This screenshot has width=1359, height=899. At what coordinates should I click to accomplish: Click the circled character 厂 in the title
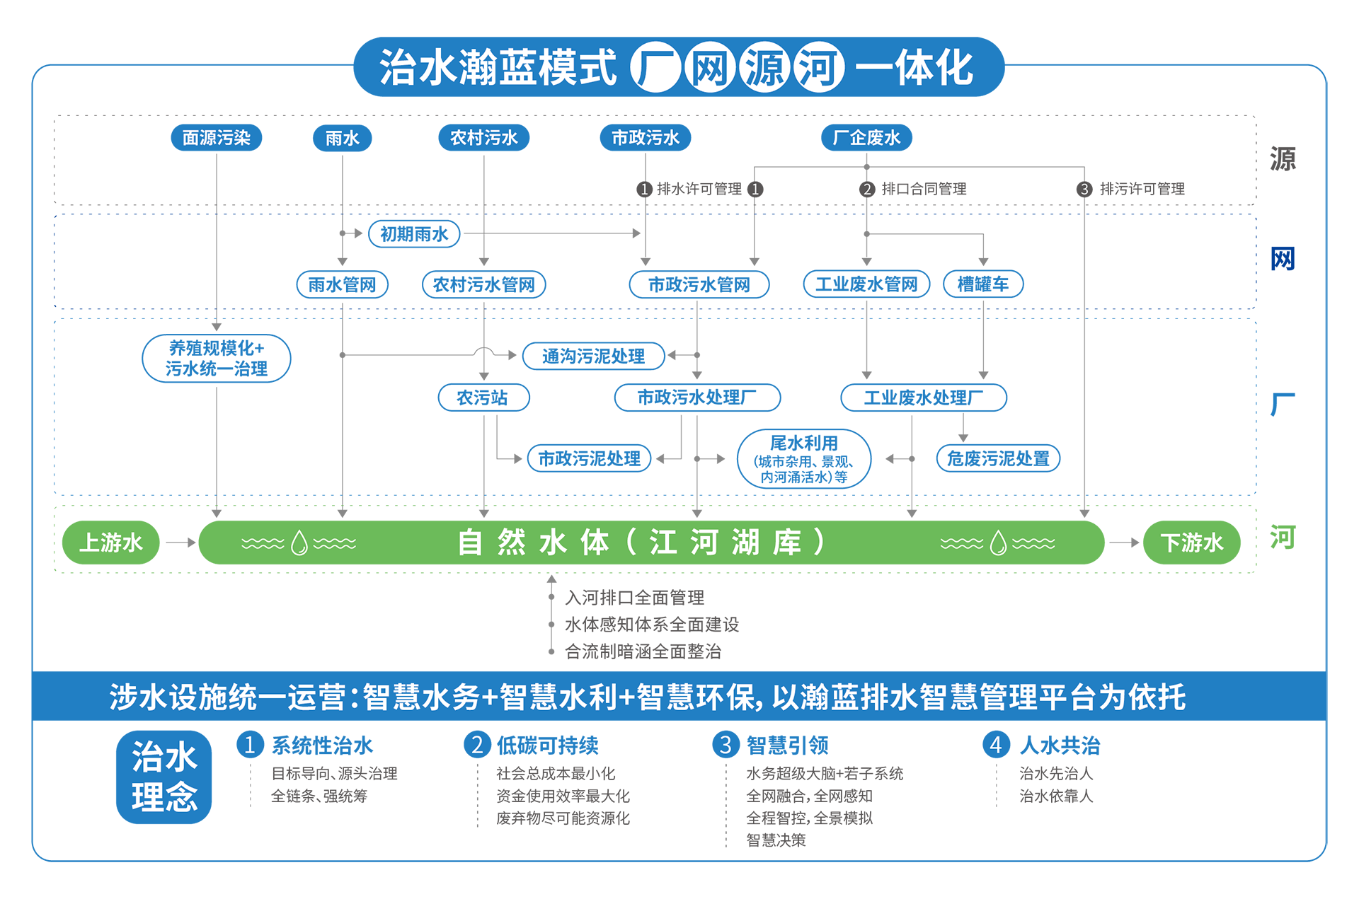pos(655,68)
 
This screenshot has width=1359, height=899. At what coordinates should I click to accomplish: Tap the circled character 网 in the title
pos(710,68)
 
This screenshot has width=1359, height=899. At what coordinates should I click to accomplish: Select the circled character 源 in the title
pos(764,68)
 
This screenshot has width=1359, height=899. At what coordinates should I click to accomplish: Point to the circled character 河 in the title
pos(819,68)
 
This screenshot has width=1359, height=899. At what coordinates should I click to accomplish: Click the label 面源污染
pos(217,138)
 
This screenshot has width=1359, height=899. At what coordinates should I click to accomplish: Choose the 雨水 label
pos(343,138)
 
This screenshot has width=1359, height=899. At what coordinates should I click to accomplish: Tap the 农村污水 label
pos(484,138)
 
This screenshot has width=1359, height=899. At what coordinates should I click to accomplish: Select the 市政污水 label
pos(646,138)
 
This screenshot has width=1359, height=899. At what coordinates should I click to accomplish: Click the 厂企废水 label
pos(866,138)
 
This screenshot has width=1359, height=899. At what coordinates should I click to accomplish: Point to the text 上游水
pos(110,543)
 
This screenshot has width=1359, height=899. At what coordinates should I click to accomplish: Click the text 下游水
pos(1192,543)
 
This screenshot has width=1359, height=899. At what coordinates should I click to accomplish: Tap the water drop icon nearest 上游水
pos(299,543)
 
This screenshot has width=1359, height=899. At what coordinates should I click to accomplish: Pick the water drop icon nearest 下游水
pos(998,543)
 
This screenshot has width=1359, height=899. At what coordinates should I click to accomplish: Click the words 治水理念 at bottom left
pos(164,777)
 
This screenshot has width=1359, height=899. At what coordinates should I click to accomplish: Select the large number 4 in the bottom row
pos(995,745)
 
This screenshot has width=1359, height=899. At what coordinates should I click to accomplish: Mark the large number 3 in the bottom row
pos(726,745)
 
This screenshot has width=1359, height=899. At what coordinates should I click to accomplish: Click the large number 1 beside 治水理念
pos(249,745)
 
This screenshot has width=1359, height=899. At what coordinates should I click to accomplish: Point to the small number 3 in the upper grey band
pos(1084,189)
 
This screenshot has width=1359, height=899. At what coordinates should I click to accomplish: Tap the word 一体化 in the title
pos(914,68)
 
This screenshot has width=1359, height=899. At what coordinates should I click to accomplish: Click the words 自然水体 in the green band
pos(533,543)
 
